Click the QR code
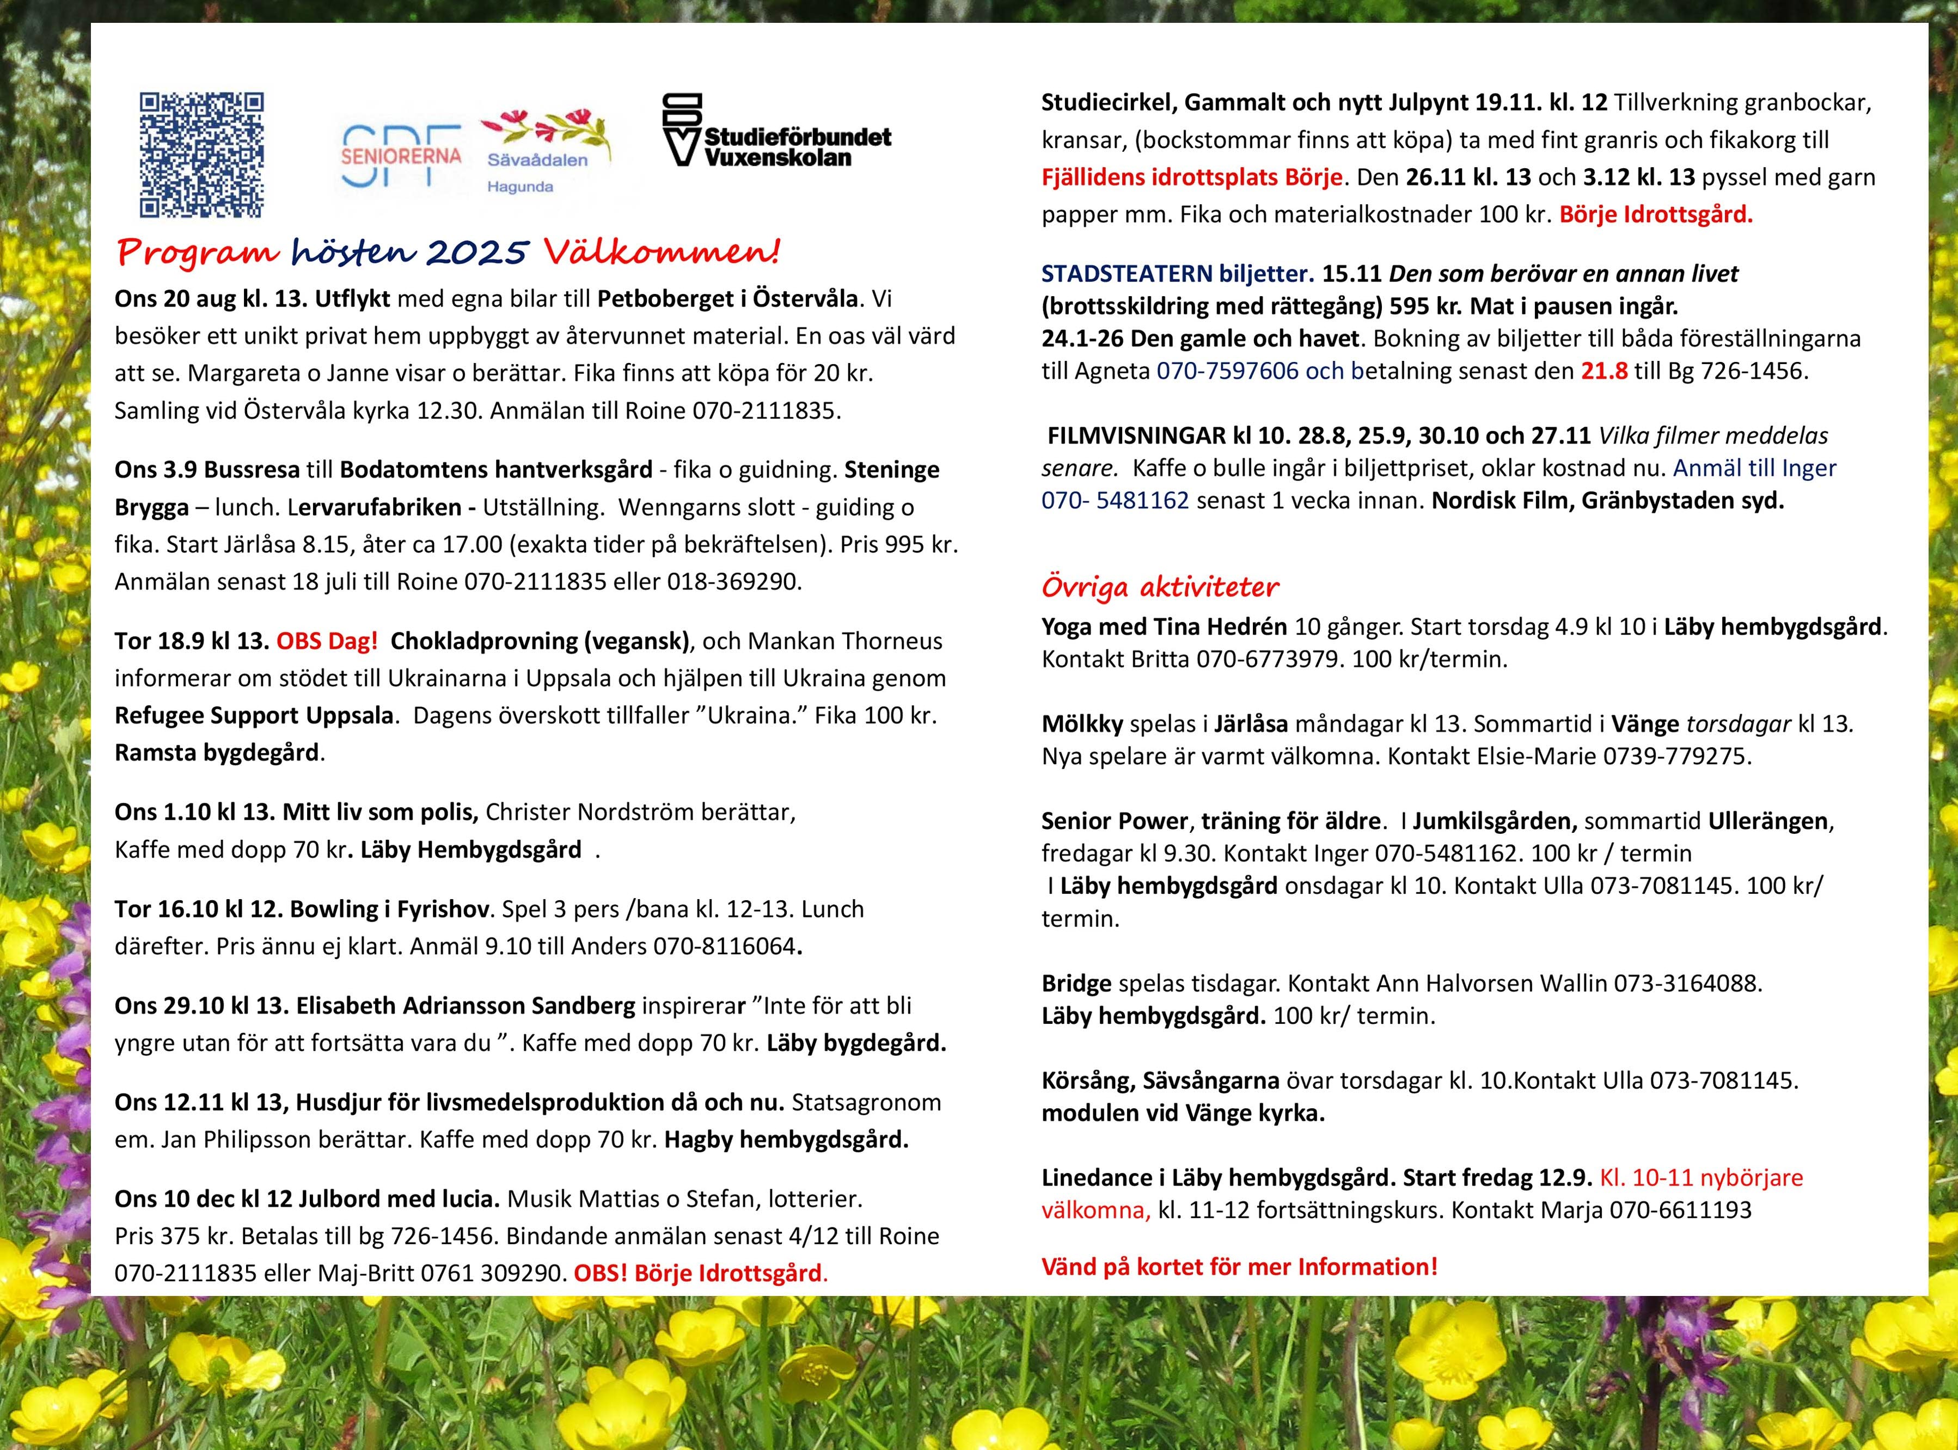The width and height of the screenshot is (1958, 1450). click(202, 155)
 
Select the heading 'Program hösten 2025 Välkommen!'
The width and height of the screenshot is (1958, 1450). click(448, 253)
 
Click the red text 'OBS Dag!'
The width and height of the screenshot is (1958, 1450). click(327, 641)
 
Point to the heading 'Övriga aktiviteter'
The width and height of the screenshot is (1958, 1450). click(1160, 586)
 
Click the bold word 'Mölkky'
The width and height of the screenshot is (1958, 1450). click(1082, 724)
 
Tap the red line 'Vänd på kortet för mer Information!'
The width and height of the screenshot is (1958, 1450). click(1239, 1267)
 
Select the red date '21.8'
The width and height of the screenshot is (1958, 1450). click(1604, 371)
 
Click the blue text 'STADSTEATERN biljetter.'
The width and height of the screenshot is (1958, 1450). click(1177, 274)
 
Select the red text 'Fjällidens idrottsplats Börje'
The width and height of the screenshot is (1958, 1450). click(1191, 177)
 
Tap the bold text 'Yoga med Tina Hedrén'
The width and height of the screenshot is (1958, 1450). click(1164, 626)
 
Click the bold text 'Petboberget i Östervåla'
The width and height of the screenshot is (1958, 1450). click(727, 298)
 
